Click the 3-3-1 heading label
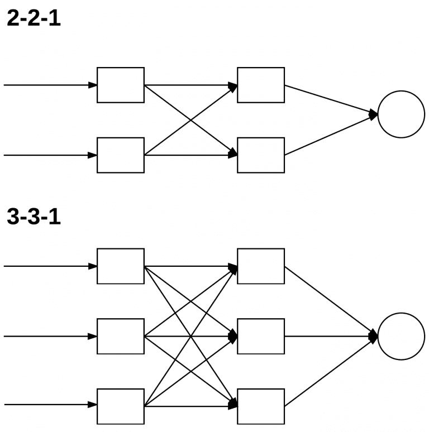pos(34,217)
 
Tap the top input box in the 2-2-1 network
pos(121,85)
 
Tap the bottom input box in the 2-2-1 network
pos(121,155)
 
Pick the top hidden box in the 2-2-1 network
pos(261,85)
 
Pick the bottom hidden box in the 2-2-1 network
pos(261,155)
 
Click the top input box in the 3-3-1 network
pos(121,266)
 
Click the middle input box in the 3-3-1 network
pos(121,337)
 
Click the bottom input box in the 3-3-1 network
pos(121,406)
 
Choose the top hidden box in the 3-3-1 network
pos(261,266)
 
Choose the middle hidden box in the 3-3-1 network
pos(261,337)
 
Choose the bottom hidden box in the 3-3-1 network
pos(261,406)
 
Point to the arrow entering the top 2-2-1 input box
pos(50,85)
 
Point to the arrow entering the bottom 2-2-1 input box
pos(50,155)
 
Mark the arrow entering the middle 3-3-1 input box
pos(50,337)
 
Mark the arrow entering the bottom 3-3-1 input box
pos(50,405)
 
